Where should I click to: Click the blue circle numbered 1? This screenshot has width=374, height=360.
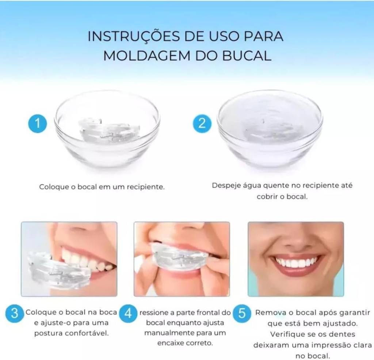pos(38,124)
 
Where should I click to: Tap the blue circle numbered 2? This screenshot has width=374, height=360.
pos(202,124)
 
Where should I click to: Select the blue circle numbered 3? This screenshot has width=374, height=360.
pos(15,313)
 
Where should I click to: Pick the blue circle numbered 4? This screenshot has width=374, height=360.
pos(128,313)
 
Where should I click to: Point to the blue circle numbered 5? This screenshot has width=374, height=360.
pos(242,313)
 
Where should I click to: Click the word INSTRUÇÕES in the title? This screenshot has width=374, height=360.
pos(134,36)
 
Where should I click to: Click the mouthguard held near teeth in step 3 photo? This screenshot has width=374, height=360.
pos(58,271)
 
